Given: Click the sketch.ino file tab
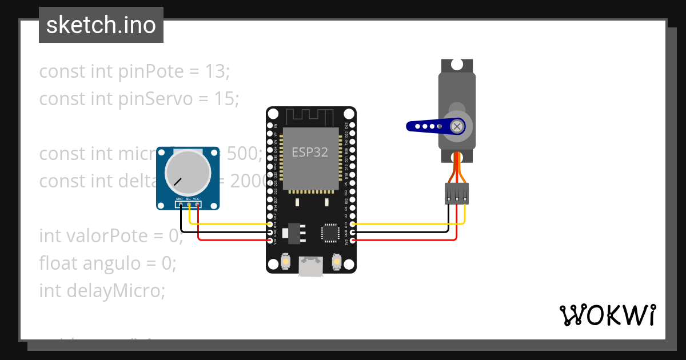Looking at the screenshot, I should click(101, 25).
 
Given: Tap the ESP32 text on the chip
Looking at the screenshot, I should click(310, 152).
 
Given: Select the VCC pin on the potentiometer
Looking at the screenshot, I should click(198, 205).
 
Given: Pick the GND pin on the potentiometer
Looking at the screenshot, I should click(181, 205).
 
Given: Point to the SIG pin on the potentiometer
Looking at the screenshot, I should click(189, 205).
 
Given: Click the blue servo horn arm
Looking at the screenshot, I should click(426, 126).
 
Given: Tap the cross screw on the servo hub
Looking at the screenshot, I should click(457, 126).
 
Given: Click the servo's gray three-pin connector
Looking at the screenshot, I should click(457, 193).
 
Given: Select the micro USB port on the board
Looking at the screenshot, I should click(310, 266).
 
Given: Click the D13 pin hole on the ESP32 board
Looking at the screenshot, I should click(270, 225).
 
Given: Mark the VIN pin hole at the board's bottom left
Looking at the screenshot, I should click(270, 241).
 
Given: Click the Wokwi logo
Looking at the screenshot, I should click(607, 315).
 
